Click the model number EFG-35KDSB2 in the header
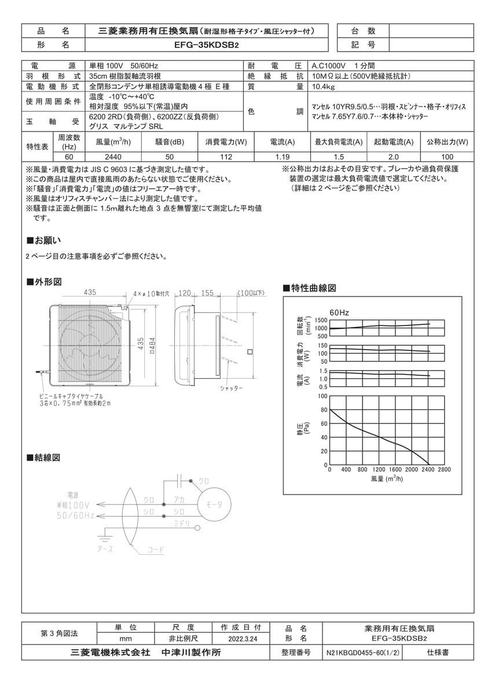pos(206,45)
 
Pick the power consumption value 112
pos(226,157)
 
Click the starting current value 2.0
pos(393,157)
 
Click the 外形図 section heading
pos(45,282)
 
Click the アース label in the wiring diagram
pos(105,548)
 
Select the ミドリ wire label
pos(182,524)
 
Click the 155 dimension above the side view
pos(207,293)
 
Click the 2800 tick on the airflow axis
pos(444,470)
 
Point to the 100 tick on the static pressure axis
pos(324,397)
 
